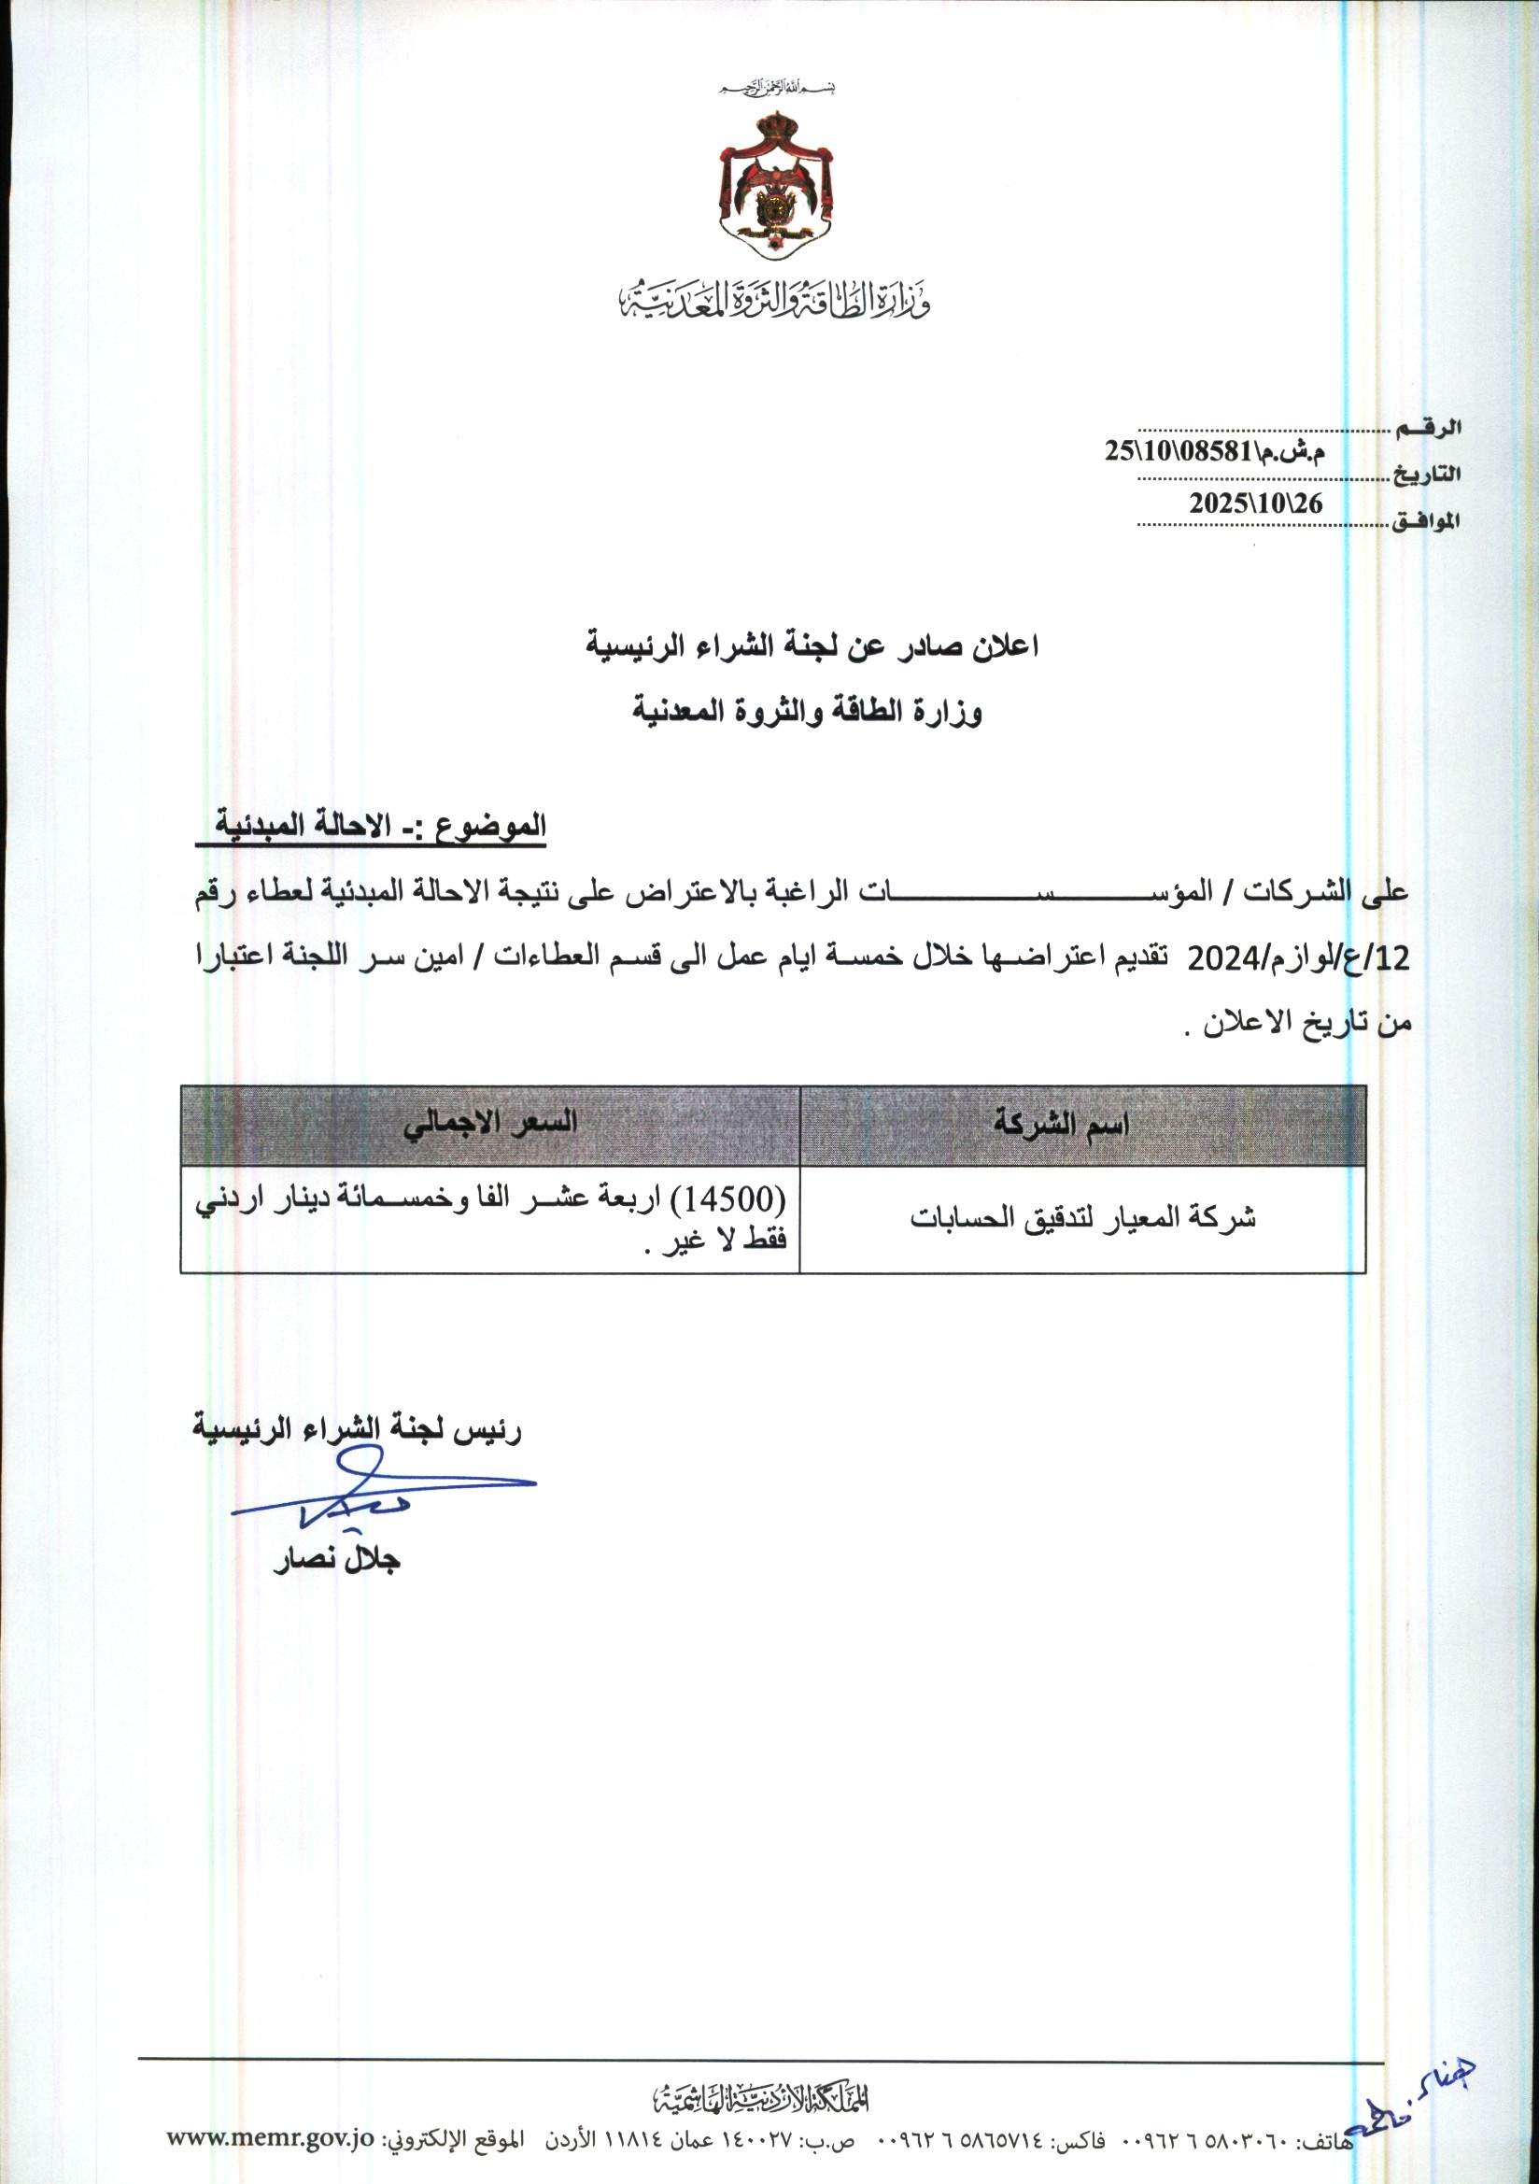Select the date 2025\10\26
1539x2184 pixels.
point(1255,504)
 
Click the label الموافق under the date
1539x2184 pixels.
point(1426,521)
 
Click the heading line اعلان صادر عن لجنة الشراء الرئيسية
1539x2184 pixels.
point(811,646)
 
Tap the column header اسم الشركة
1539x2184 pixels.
point(1061,1126)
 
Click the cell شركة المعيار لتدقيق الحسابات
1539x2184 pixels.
point(1082,1218)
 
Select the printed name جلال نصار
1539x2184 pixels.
point(337,1560)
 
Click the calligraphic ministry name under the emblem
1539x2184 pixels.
point(775,300)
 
